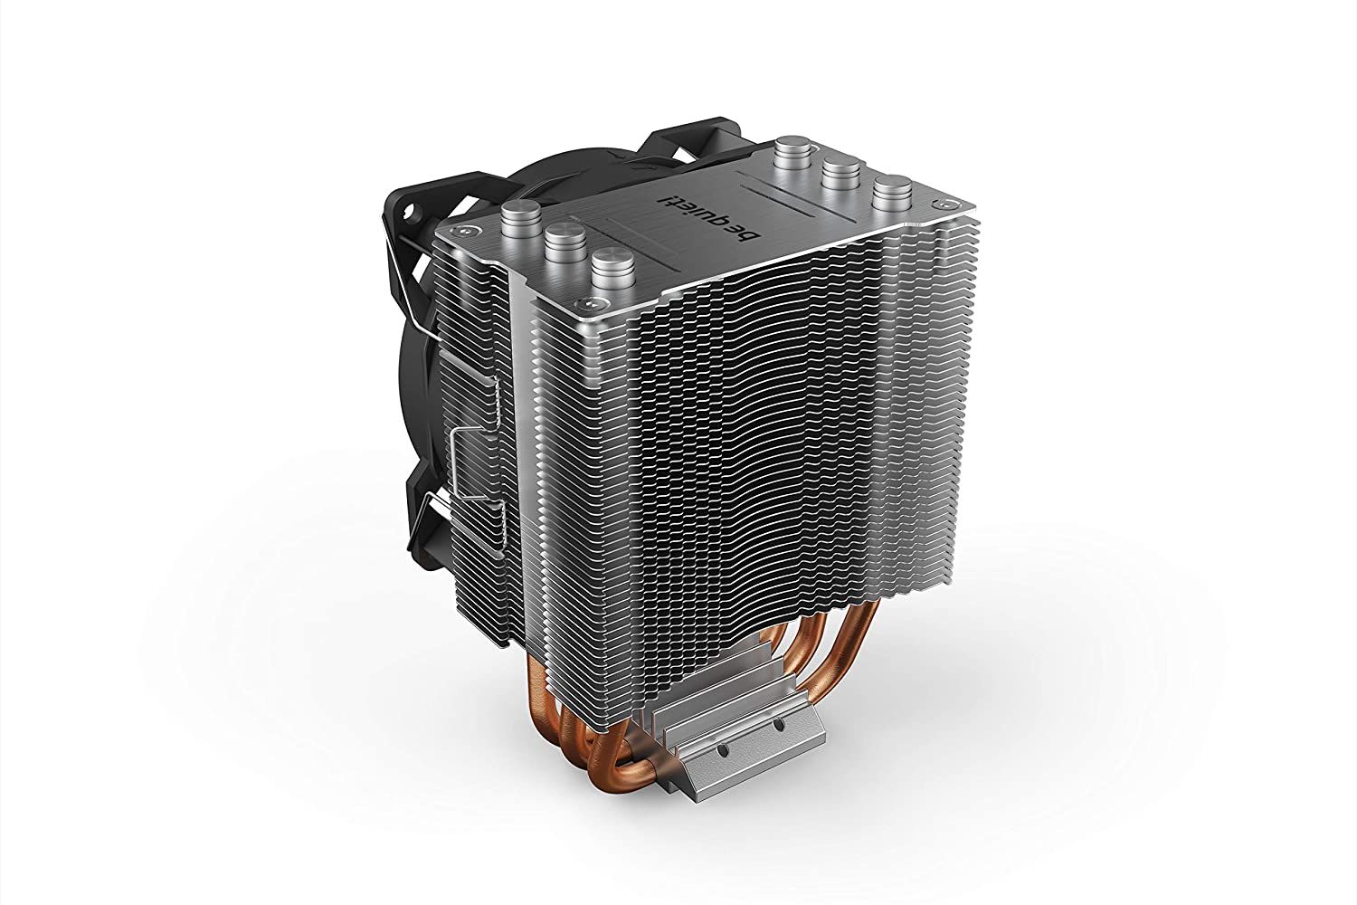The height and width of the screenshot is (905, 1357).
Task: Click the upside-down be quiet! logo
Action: click(719, 217)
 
